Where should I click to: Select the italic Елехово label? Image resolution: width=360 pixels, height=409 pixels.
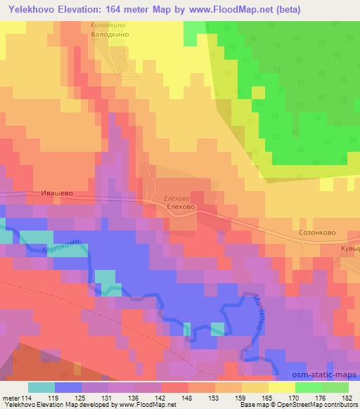pyautogui.click(x=176, y=199)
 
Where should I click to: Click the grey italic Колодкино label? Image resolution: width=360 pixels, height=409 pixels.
pyautogui.click(x=109, y=25)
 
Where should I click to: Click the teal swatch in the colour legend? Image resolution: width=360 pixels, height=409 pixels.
pyautogui.click(x=41, y=387)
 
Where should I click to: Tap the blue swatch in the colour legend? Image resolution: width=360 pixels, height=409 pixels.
pyautogui.click(x=68, y=387)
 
